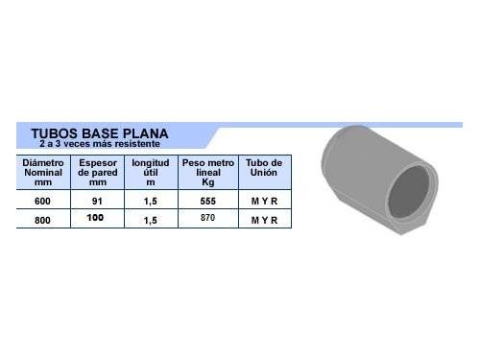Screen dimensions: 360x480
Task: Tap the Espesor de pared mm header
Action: point(96,172)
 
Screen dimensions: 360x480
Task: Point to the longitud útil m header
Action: point(150,172)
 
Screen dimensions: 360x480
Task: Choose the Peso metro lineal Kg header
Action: point(208,172)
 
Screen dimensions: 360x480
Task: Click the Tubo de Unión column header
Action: point(264,168)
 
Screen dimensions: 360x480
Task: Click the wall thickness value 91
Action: point(96,202)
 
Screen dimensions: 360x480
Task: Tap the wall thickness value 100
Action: point(96,219)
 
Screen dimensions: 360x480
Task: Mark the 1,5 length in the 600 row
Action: point(151,202)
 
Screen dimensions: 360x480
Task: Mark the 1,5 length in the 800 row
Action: point(151,220)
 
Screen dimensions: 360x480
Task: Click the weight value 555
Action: point(208,202)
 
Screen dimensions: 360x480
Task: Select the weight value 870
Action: point(208,219)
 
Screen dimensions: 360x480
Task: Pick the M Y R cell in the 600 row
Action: point(264,202)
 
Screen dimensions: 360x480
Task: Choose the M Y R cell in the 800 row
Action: point(264,220)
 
